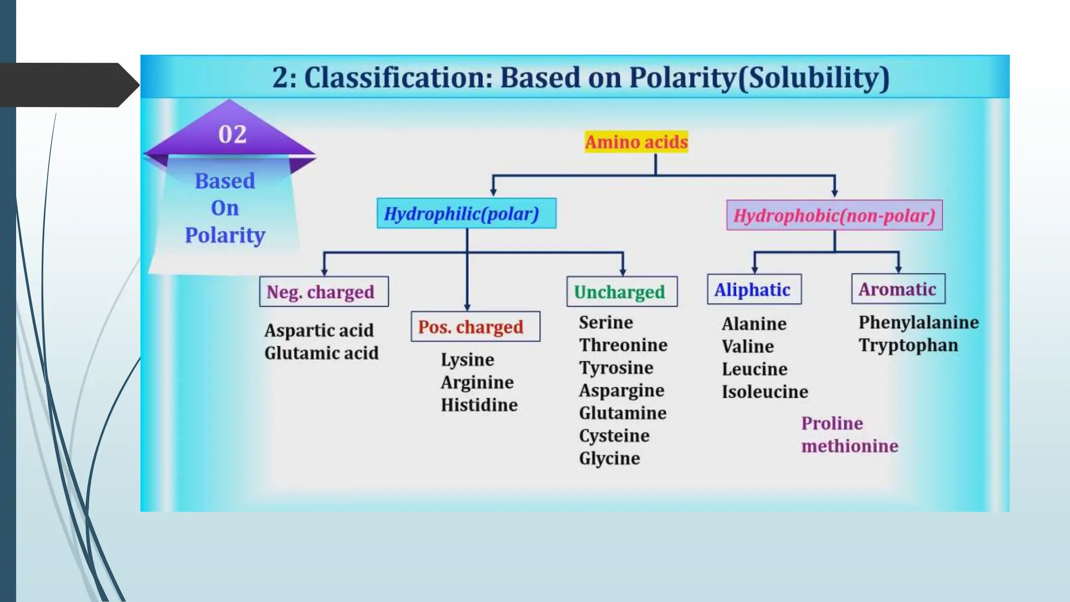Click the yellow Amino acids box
click(636, 142)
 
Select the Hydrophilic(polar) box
click(466, 213)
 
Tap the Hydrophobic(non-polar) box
click(834, 215)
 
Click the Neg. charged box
click(323, 292)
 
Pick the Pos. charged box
click(475, 327)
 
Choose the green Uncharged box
click(621, 292)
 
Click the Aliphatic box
click(753, 290)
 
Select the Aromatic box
click(898, 289)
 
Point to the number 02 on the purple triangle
click(232, 134)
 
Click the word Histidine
click(479, 405)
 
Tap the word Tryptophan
click(908, 345)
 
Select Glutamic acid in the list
click(321, 353)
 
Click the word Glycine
click(609, 458)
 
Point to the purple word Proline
click(832, 423)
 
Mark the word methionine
click(850, 446)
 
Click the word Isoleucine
click(765, 392)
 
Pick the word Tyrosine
click(616, 368)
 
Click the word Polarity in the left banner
click(225, 235)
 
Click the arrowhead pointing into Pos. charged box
click(467, 308)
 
